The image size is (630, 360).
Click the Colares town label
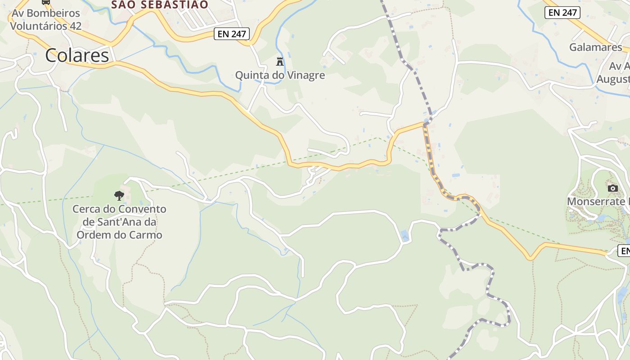pyautogui.click(x=77, y=55)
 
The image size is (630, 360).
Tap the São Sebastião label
pyautogui.click(x=160, y=4)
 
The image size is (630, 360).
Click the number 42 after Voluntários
pyautogui.click(x=76, y=26)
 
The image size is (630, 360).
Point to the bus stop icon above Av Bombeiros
pyautogui.click(x=46, y=2)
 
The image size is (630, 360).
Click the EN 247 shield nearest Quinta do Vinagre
pyautogui.click(x=231, y=33)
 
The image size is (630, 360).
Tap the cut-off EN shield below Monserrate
pyautogui.click(x=624, y=251)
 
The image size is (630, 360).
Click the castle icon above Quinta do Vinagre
pyautogui.click(x=280, y=61)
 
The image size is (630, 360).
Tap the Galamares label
pyautogui.click(x=595, y=47)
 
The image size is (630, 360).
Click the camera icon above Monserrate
pyautogui.click(x=612, y=188)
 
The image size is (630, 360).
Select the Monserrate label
pyautogui.click(x=598, y=201)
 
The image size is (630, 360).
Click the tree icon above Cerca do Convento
pyautogui.click(x=119, y=195)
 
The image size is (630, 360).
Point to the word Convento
pyautogui.click(x=142, y=209)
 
